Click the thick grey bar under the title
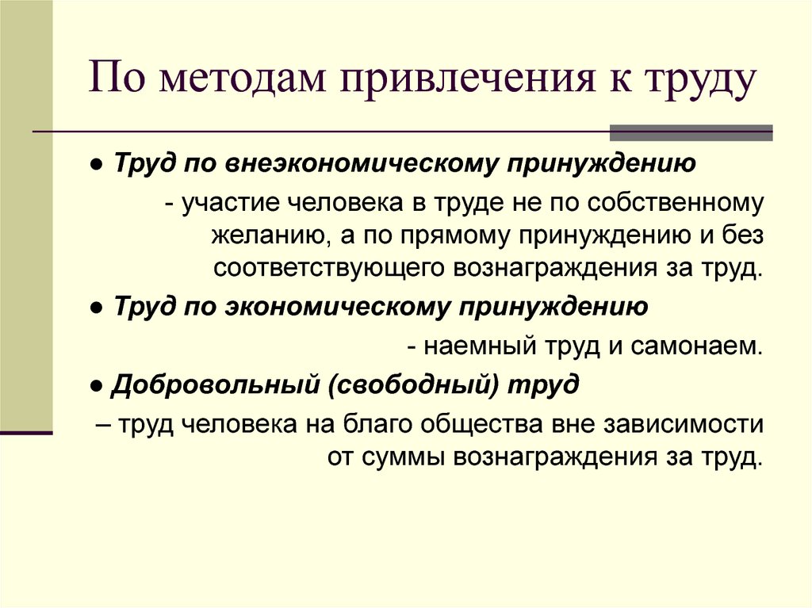tap(691, 133)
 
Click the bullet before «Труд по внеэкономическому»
tap(95, 165)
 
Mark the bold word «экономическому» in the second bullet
tap(338, 307)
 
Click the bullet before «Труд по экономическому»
tap(95, 308)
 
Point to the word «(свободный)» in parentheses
tap(412, 384)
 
